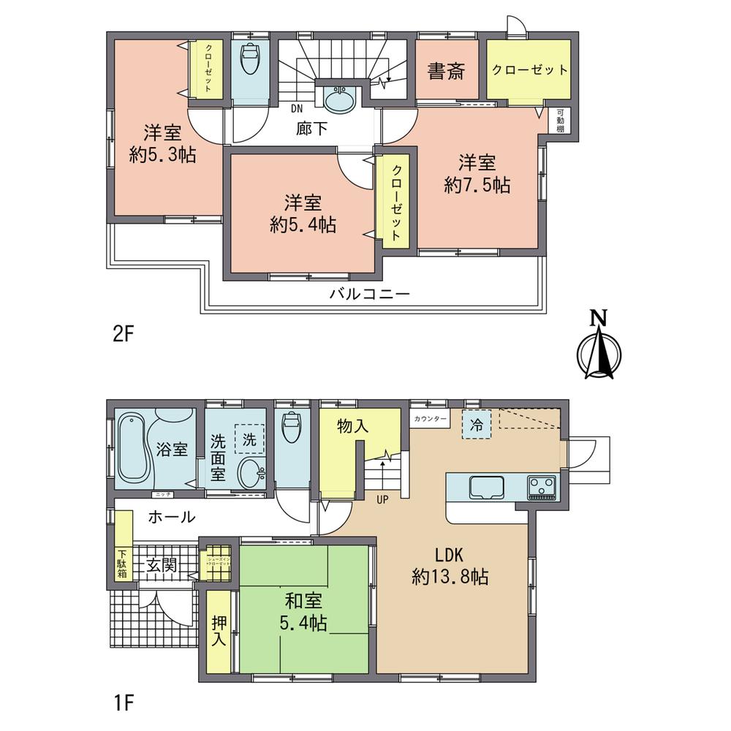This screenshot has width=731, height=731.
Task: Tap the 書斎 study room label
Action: pos(447,72)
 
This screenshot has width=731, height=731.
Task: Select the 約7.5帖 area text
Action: pos(477,186)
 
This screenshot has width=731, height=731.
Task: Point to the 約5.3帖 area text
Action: pos(162,155)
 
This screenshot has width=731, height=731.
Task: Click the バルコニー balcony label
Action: pos(369,295)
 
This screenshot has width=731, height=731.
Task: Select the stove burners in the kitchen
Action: pos(542,486)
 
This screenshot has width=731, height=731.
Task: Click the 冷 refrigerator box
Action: pos(477,425)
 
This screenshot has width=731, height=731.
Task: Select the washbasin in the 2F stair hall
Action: pos(338,99)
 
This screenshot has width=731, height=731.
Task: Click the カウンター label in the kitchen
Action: pos(431,419)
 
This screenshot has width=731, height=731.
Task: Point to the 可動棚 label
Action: pos(561,121)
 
